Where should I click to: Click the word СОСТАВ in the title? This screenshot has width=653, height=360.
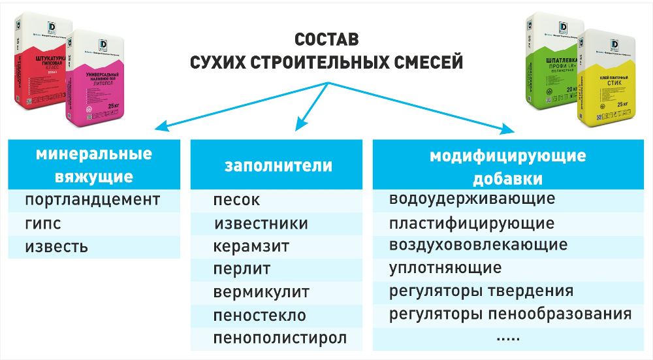(x=326, y=39)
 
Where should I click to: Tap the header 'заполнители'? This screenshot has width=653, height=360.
(x=278, y=166)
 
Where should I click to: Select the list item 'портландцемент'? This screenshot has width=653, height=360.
(x=92, y=199)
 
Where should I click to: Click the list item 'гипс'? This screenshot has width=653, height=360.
(x=43, y=223)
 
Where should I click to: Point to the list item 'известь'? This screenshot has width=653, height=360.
(x=56, y=248)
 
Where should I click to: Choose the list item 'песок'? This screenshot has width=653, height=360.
(x=236, y=200)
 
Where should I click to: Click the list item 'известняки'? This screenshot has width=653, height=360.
(x=261, y=224)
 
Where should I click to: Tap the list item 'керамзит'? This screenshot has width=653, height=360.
(x=251, y=248)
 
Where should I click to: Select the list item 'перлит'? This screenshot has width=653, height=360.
(x=242, y=269)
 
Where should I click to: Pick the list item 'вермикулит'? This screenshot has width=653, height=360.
(x=261, y=291)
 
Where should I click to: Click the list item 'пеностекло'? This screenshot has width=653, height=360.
(x=259, y=316)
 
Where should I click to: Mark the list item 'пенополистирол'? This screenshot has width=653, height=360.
(x=279, y=338)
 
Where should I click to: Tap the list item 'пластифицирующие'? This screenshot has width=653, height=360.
(x=471, y=223)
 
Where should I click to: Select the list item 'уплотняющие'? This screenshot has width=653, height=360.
(x=445, y=268)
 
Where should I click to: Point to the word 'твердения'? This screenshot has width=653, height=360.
(x=534, y=291)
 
